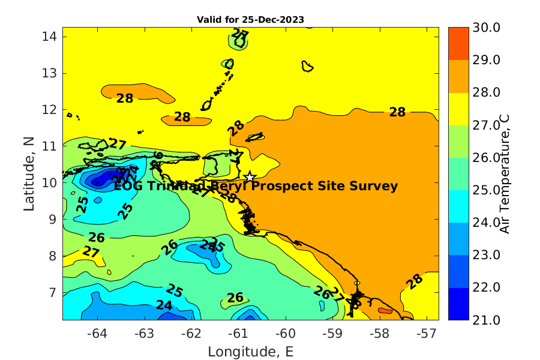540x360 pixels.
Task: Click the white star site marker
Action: click(x=250, y=176)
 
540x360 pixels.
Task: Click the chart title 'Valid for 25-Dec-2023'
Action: click(x=250, y=19)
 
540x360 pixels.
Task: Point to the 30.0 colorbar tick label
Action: click(x=470, y=27)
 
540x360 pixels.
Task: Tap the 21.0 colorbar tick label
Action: click(x=470, y=320)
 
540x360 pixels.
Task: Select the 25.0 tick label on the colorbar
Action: click(x=470, y=190)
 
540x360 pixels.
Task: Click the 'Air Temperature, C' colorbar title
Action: click(x=505, y=173)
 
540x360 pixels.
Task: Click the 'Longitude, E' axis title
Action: click(x=250, y=351)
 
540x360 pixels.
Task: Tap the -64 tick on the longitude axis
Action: click(x=98, y=332)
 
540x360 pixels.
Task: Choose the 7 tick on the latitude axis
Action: click(x=53, y=292)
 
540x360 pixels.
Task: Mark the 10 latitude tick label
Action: click(x=50, y=182)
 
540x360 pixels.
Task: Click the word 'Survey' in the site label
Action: click(x=374, y=186)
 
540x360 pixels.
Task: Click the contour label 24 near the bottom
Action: click(x=164, y=305)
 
